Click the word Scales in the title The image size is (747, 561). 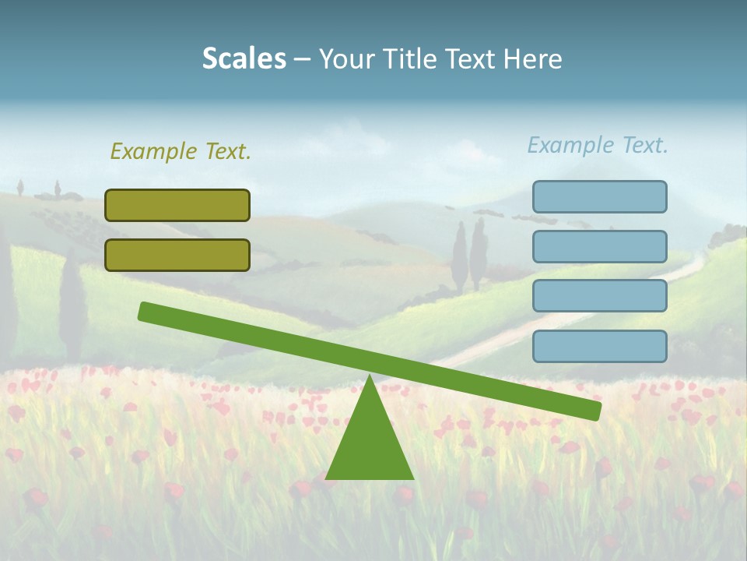pos(244,59)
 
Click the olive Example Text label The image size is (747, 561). pos(181,151)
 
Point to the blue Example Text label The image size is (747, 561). pos(598,145)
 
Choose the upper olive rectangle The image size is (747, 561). pos(177,205)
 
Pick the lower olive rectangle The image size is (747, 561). pos(177,255)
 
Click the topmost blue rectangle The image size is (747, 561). pos(599,196)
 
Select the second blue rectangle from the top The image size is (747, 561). pos(599,246)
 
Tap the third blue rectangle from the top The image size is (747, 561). pos(599,296)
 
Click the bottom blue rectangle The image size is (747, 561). pos(599,346)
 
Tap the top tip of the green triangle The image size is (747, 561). pos(370,378)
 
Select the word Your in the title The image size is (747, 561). pos(346,59)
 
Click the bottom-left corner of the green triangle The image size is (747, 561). pos(327,478)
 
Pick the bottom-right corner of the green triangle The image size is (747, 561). pos(412,478)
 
